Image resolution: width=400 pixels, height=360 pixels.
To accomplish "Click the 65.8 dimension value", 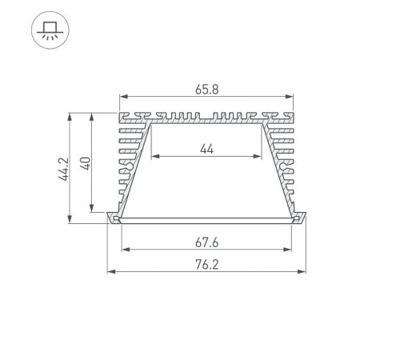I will tap(207, 90).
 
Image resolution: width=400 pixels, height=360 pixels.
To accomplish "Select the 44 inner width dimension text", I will tap(207, 147).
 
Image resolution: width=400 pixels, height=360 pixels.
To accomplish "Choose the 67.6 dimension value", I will tap(207, 240).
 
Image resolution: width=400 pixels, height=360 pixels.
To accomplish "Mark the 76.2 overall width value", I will tap(207, 264).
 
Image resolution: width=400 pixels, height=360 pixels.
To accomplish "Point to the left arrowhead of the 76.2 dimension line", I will tap(110, 273).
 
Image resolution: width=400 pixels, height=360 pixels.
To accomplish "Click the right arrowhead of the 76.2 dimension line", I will tap(305, 273).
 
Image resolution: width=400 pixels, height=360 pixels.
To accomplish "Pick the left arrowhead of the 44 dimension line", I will tap(153, 157).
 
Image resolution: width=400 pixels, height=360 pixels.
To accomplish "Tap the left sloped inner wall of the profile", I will tap(137, 168).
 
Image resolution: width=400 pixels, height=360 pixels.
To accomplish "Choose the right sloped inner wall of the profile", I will tap(278, 168).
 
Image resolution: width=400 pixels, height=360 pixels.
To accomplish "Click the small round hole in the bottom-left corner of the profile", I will tap(118, 219).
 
